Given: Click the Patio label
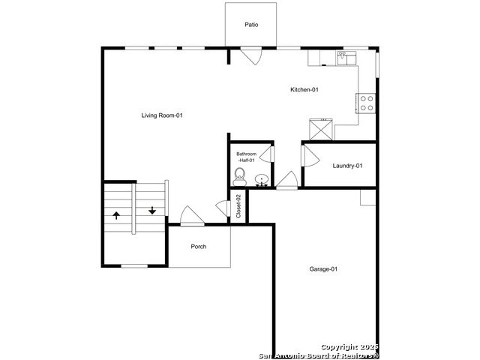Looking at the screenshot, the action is (251, 25).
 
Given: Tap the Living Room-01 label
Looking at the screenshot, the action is (162, 115).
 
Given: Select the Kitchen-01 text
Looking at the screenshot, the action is (304, 90).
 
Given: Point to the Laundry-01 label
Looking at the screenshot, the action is (347, 166).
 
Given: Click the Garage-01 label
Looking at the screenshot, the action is (323, 269).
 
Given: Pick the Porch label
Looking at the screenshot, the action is (198, 247).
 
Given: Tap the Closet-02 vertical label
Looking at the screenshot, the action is (238, 206).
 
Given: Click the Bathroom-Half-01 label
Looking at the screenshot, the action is (247, 157).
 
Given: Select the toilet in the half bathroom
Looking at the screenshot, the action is (239, 177).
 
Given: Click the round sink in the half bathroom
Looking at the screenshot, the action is (262, 179).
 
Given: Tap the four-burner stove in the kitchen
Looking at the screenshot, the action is (366, 103).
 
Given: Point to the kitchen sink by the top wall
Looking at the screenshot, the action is (347, 58).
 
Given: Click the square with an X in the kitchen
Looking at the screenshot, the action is (321, 129).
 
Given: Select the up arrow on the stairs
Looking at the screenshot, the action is (116, 215).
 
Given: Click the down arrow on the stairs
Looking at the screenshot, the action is (152, 211).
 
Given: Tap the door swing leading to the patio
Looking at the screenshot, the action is (251, 55).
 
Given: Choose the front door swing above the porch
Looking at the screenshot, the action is (192, 216).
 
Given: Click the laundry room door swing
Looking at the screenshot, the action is (310, 156).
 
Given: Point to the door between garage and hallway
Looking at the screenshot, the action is (286, 181).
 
